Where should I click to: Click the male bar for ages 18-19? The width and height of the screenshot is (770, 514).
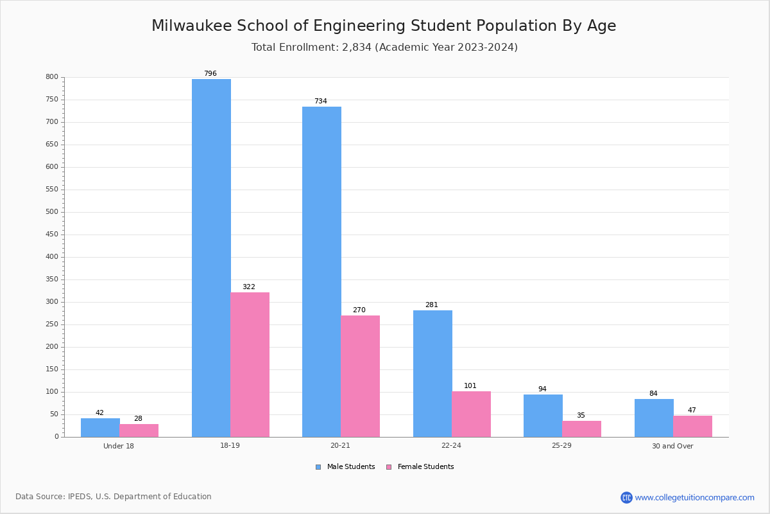211,258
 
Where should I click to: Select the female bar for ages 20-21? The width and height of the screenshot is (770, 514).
360,376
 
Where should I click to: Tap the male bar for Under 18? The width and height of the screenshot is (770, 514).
100,427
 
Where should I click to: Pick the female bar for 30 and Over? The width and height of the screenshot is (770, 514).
692,426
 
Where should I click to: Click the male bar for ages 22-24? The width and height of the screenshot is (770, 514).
432,373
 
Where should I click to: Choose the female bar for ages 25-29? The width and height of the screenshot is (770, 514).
581,429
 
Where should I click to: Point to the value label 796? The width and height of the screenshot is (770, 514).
210,73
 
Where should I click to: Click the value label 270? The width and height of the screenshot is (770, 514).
359,310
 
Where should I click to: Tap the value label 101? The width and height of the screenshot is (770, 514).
470,385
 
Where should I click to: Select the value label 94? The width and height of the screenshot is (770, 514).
542,389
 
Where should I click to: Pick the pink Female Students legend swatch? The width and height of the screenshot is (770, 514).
389,467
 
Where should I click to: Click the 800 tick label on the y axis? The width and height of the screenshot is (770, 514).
52,77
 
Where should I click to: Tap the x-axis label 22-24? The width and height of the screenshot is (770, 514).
451,446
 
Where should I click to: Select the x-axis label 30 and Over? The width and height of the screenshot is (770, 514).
672,446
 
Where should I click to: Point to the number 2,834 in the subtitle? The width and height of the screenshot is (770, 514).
357,47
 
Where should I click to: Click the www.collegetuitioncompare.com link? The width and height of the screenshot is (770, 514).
694,497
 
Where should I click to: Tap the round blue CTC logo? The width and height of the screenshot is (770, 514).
626,497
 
